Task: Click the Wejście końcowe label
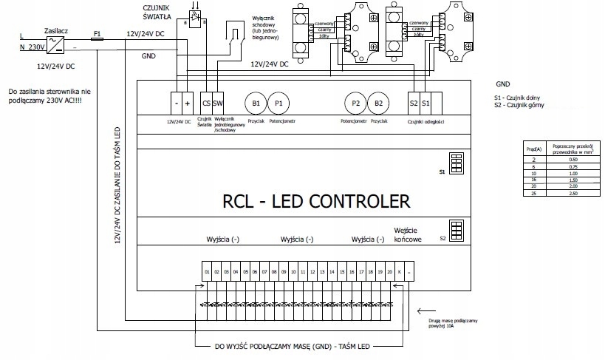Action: pyautogui.click(x=408, y=234)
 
